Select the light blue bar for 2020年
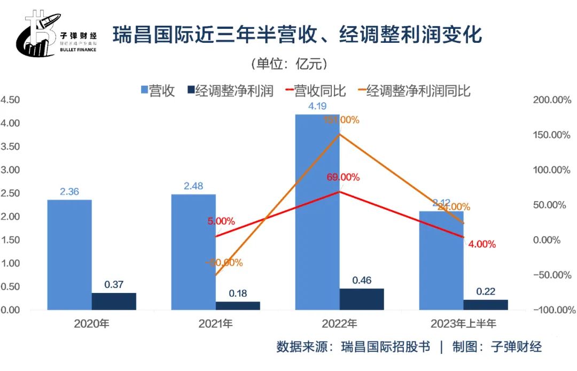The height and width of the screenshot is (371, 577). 69,254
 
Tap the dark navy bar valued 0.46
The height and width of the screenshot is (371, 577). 362,299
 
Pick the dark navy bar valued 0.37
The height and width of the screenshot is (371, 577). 114,301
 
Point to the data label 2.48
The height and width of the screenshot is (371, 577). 193,186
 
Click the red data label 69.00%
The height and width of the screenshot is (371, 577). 342,177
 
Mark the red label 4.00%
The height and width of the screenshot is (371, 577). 481,244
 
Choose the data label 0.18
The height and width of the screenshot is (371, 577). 238,293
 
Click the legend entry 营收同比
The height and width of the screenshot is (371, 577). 319,91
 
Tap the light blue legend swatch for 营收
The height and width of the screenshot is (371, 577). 144,91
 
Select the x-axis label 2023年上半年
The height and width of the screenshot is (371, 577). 463,323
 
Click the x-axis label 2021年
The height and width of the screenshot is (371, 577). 215,323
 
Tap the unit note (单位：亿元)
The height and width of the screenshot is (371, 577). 288,64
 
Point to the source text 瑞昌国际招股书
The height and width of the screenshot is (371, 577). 386,347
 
